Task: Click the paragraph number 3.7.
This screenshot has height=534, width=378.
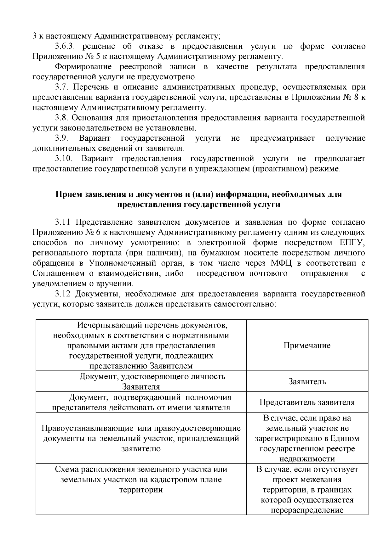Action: pos(62,87)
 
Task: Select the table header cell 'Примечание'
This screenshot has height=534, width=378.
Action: pos(307,346)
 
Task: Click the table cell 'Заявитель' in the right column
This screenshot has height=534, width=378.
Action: pos(307,382)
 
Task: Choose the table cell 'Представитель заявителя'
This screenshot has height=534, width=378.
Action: pos(307,402)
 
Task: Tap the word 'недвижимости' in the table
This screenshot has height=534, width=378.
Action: pos(307,459)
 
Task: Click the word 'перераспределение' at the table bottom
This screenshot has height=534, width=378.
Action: pos(307,510)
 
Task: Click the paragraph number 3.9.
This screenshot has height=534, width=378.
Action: pos(62,138)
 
